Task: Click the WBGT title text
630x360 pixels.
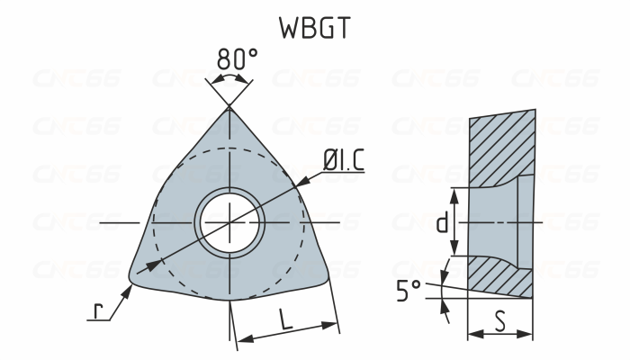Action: click(x=314, y=28)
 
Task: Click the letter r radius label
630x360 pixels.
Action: click(x=100, y=311)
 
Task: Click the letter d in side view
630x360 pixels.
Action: click(x=441, y=222)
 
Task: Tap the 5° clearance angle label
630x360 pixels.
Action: click(x=409, y=291)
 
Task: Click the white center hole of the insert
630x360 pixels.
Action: click(x=229, y=220)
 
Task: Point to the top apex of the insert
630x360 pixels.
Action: click(x=230, y=109)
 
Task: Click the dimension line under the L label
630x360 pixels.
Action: click(x=286, y=335)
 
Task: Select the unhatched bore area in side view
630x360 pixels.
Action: click(x=493, y=221)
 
